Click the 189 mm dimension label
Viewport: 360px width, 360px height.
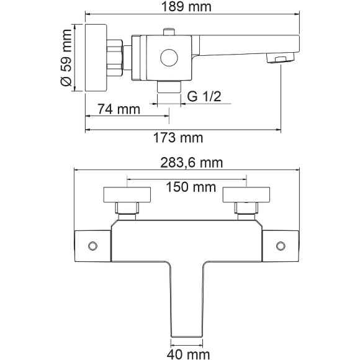click(x=186, y=6)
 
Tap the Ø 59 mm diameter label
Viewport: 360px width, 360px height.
click(x=66, y=58)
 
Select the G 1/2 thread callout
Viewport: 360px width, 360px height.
click(x=204, y=96)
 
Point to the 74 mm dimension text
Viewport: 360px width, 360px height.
click(x=119, y=109)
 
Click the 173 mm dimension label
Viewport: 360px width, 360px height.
click(x=178, y=138)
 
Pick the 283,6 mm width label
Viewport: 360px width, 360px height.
click(x=191, y=163)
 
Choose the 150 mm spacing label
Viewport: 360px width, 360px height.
click(x=191, y=187)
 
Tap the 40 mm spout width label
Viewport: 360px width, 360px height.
click(x=188, y=354)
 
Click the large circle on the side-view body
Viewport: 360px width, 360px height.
click(x=169, y=58)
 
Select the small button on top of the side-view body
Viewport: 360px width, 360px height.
click(x=169, y=32)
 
